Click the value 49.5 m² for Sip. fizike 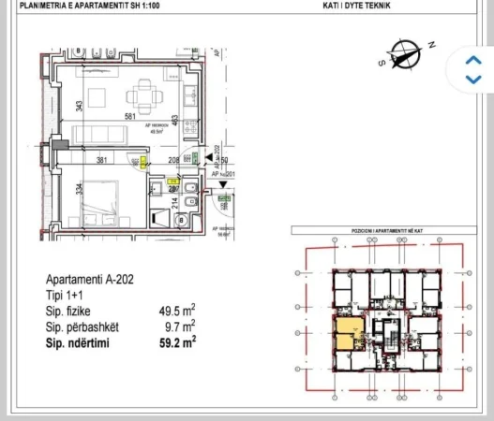[x=177, y=308]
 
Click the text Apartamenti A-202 [x=86, y=279]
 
